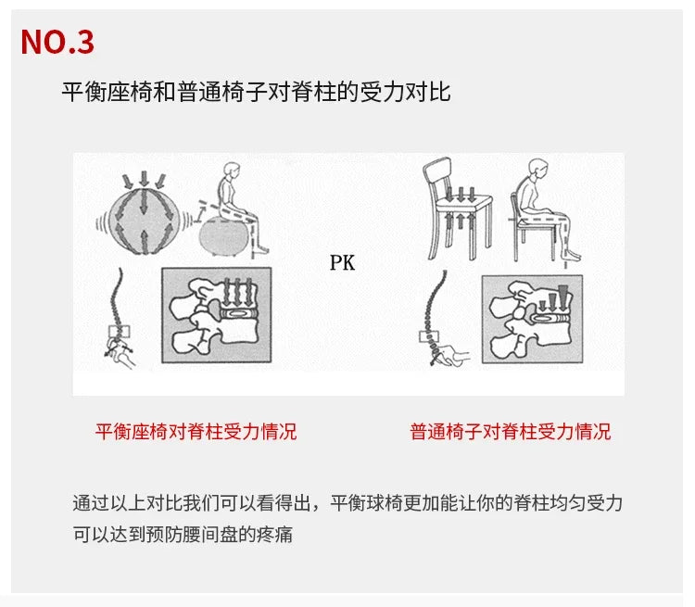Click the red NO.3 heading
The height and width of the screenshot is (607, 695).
point(57,42)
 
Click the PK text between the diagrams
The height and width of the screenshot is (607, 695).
point(342,262)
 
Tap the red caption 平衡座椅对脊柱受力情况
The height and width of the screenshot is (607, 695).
point(196,432)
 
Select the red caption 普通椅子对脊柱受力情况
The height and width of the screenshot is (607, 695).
point(511,432)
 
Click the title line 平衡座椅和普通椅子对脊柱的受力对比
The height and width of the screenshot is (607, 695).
point(256,93)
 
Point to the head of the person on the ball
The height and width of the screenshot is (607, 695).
point(232,171)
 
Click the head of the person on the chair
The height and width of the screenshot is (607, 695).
point(538,169)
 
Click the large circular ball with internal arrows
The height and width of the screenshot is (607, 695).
point(143,221)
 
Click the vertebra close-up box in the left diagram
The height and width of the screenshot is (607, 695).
point(216,315)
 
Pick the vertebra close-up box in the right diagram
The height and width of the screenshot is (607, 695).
point(532,319)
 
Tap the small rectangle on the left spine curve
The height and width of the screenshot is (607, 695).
point(120,332)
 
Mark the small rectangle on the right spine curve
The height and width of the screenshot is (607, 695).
point(429,337)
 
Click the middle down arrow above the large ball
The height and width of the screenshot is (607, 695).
point(144,178)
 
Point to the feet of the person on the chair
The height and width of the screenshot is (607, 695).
point(572,256)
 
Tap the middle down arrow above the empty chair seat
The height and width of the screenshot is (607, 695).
point(461,195)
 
